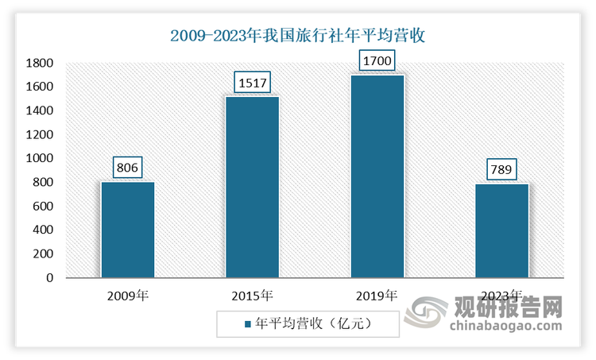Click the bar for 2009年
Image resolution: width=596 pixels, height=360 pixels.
[x=127, y=230]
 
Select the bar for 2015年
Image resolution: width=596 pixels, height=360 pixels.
[x=252, y=187]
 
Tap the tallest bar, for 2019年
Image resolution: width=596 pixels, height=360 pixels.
[x=377, y=176]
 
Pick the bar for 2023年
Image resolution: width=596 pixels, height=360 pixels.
[x=501, y=230]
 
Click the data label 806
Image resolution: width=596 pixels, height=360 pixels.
[x=127, y=168]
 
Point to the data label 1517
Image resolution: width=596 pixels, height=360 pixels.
[x=252, y=82]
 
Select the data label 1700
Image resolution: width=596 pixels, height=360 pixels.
[x=377, y=60]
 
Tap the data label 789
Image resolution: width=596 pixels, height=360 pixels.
[x=501, y=169]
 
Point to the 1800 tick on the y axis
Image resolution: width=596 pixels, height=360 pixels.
[x=39, y=63]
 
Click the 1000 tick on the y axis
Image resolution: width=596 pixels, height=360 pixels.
[x=39, y=158]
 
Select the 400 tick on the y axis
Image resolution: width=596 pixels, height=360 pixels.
[x=43, y=230]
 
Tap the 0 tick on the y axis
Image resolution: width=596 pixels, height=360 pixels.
[x=49, y=278]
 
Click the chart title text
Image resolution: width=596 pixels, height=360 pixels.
[x=298, y=36]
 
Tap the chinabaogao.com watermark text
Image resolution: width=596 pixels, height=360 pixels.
[x=506, y=326]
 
